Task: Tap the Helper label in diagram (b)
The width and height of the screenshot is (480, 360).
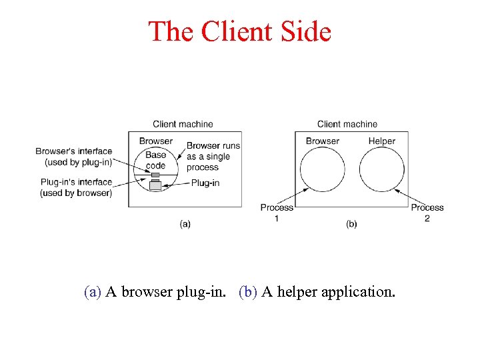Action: coord(381,141)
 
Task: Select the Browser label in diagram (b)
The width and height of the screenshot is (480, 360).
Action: coord(322,141)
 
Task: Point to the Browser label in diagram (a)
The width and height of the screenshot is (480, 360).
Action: coord(155,141)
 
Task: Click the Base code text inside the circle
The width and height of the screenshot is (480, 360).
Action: coord(155,161)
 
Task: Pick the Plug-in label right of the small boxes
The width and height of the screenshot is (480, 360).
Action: coord(205,183)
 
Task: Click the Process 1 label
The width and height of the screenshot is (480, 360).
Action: coord(277,213)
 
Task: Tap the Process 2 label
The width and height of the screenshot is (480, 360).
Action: coord(427,213)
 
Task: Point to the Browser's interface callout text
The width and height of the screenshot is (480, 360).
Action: coord(74,157)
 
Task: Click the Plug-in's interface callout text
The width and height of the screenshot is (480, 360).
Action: coord(75,187)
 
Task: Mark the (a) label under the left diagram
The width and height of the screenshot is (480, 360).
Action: coord(185,224)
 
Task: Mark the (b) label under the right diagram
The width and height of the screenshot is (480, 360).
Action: coord(351,224)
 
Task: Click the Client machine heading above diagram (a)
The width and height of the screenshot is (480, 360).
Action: coord(183,124)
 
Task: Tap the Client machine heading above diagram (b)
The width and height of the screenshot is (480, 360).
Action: coord(347,124)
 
